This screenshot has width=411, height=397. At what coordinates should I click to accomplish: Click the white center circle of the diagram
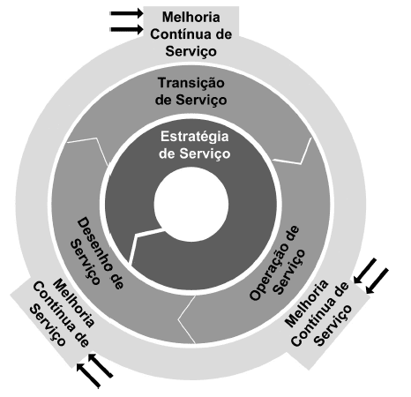tap(191, 205)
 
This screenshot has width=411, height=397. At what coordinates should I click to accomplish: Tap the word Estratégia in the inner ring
tap(194, 137)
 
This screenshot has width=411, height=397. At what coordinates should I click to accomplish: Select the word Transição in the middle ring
tap(191, 83)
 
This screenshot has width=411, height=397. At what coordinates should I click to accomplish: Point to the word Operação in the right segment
tap(274, 263)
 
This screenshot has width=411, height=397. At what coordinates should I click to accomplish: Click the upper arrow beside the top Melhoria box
tap(126, 13)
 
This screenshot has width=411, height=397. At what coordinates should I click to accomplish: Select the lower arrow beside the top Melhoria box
tap(126, 29)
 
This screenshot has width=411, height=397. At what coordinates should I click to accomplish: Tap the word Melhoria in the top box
tap(191, 17)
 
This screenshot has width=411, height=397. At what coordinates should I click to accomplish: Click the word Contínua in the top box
tap(179, 34)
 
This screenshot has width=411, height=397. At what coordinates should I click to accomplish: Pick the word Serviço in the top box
tap(191, 51)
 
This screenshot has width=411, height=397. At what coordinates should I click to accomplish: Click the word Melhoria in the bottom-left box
tap(74, 303)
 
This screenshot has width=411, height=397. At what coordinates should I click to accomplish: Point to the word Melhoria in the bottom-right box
tap(306, 303)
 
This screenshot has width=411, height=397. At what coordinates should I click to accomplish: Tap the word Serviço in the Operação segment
tap(289, 271)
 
